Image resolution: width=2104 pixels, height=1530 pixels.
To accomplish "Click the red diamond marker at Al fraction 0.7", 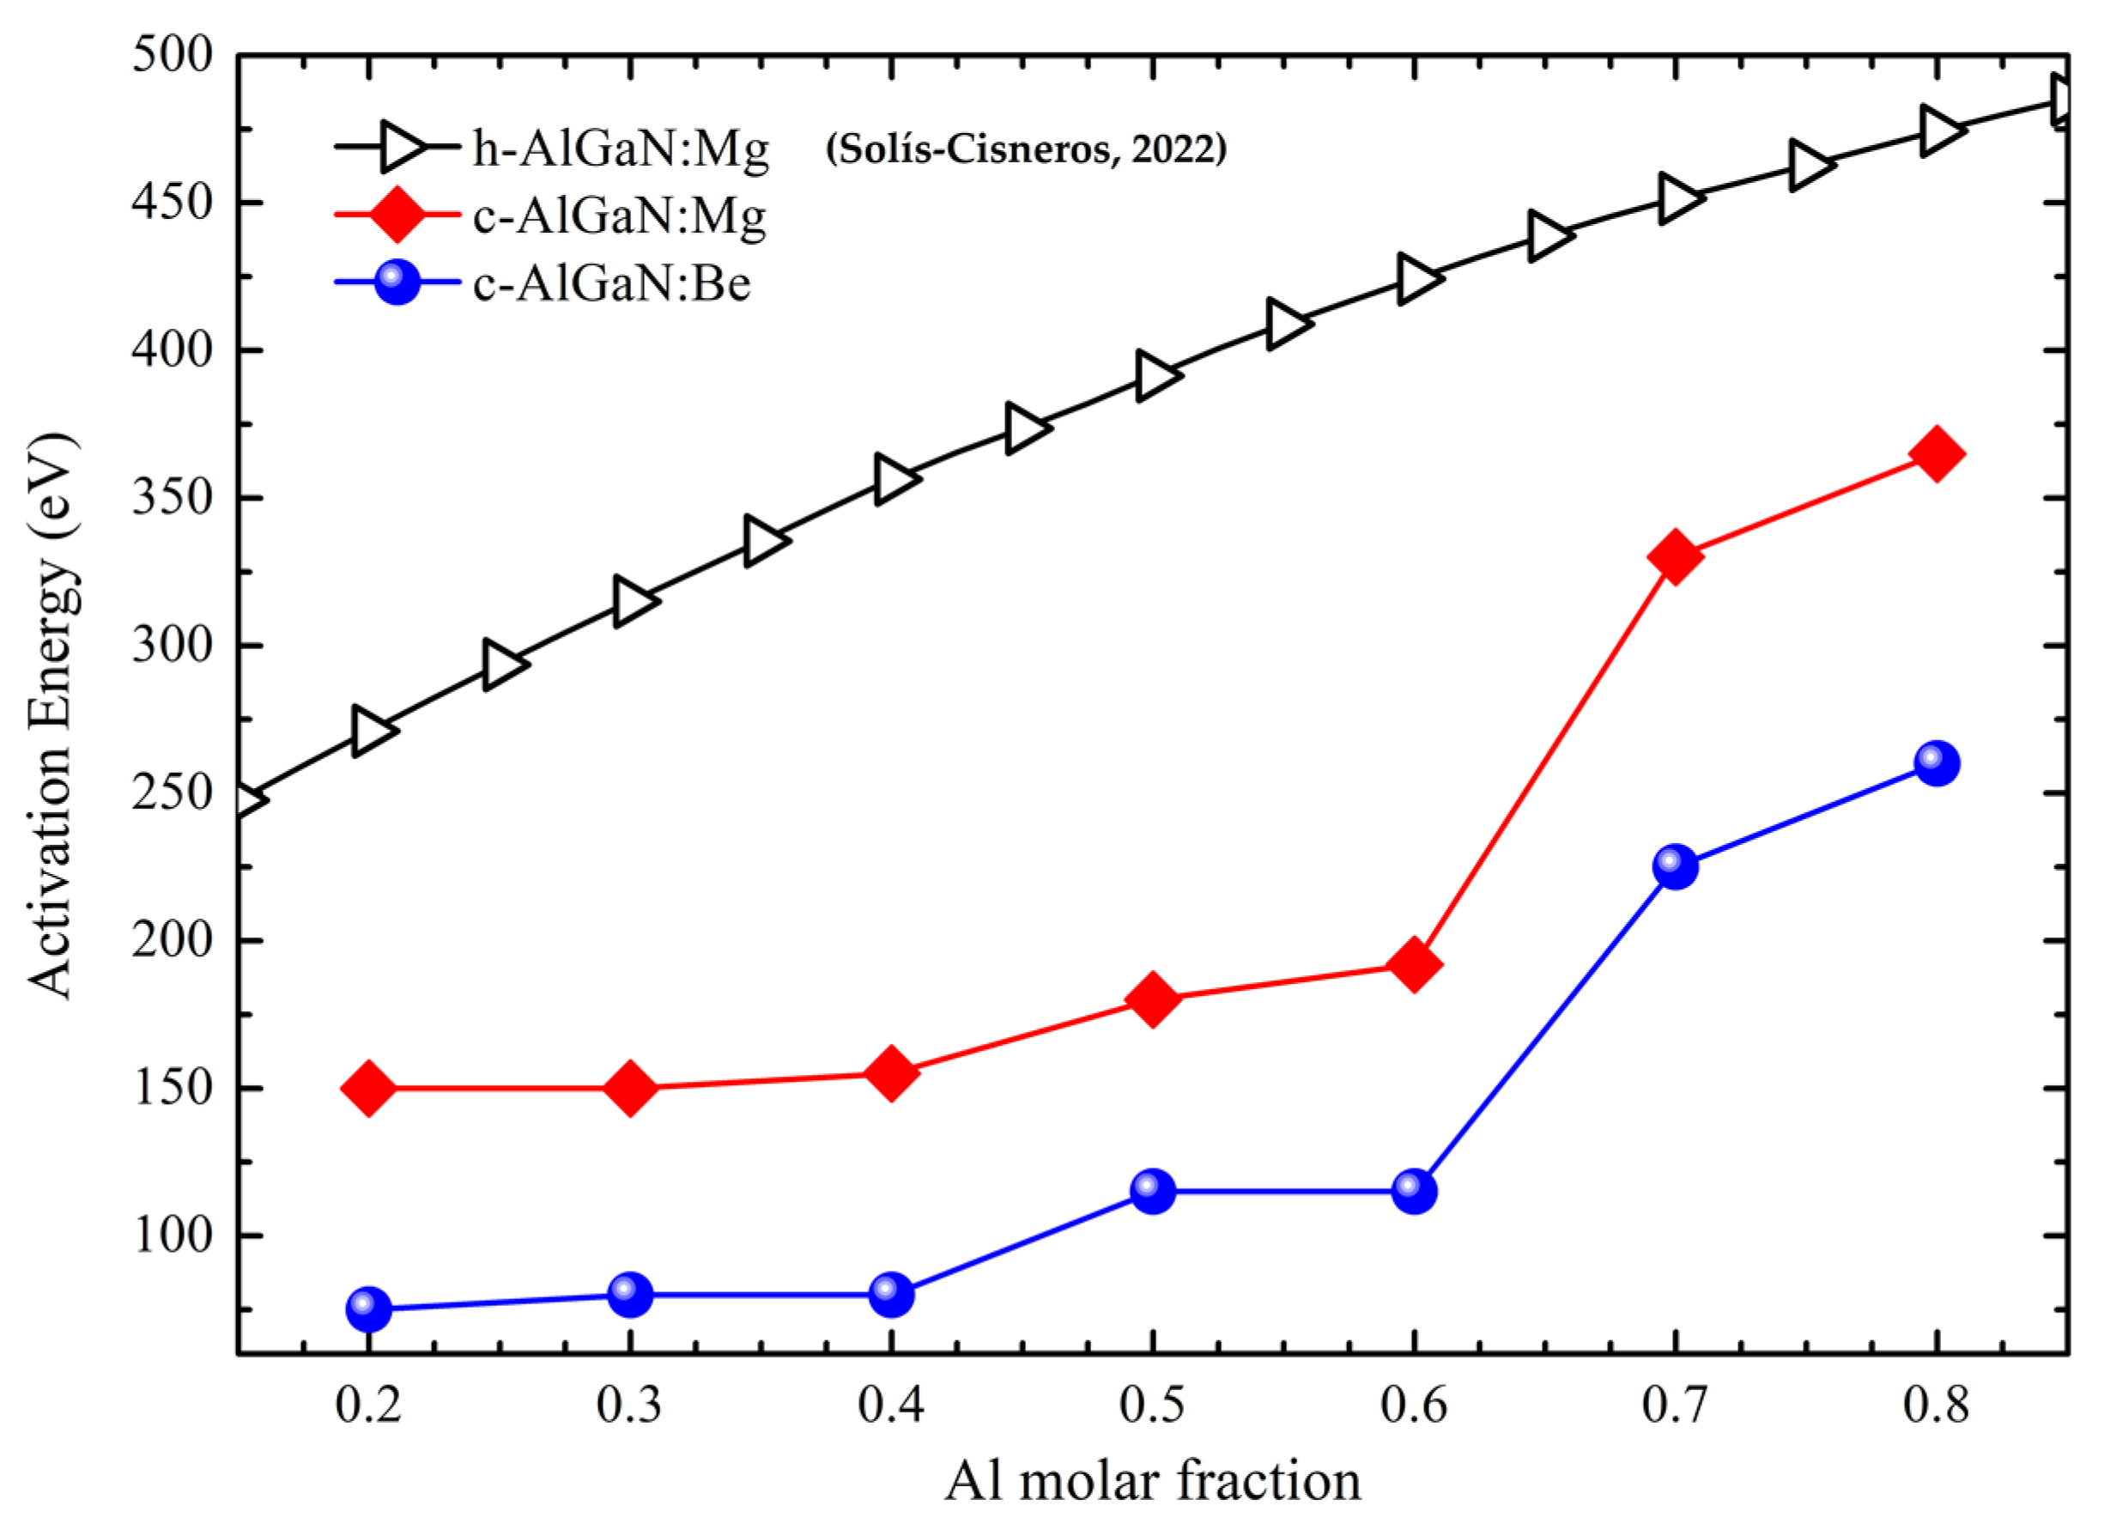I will point(1675,557).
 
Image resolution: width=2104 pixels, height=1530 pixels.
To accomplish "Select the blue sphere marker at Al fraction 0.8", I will point(1936,764).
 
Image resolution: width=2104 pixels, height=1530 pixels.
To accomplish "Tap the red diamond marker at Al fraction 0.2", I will point(368,1089).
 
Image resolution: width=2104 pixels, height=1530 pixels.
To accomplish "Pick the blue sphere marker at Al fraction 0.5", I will point(1152,1192).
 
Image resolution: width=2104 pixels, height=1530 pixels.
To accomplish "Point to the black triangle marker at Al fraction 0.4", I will point(893,480).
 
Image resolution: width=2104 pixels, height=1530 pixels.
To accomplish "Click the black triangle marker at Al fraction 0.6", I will point(1416,278).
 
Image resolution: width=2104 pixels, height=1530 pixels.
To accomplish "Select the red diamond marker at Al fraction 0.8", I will point(1936,453).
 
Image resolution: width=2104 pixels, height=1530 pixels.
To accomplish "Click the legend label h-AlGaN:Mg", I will point(621,148).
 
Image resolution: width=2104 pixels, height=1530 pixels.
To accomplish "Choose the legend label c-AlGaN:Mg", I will point(619,216).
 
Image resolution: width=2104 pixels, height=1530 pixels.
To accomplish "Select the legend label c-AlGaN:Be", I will point(611,282).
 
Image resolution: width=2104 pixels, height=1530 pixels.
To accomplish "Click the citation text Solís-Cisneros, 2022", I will point(1026,149).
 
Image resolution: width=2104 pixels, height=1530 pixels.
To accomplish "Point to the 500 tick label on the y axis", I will point(173,56).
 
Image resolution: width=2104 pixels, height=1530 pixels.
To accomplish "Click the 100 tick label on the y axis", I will point(173,1236).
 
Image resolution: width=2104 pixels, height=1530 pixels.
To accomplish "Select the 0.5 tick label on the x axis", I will point(1152,1405).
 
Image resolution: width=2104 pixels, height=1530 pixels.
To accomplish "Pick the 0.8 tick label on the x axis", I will point(1936,1405).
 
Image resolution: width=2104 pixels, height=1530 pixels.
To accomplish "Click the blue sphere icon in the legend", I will point(397,282).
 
